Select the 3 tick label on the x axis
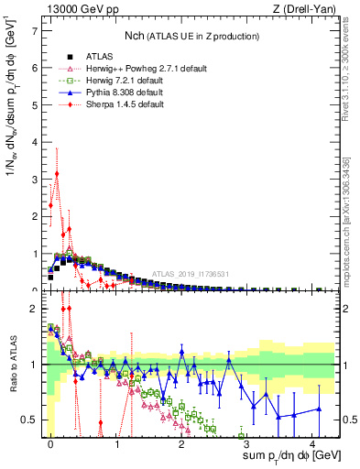point(247,443)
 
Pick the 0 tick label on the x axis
point(50,443)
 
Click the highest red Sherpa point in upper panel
point(57,173)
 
